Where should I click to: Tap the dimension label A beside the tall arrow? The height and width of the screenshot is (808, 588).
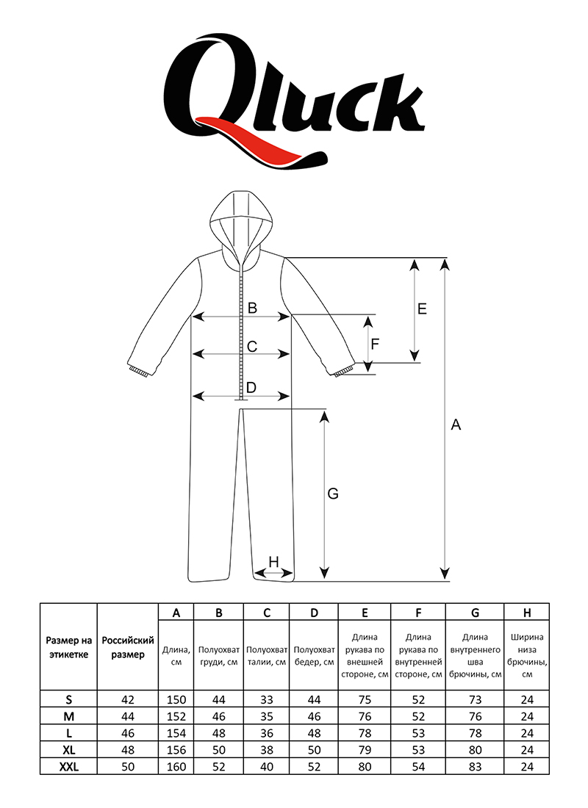(x=456, y=425)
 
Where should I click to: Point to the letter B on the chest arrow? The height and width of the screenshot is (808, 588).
(x=251, y=309)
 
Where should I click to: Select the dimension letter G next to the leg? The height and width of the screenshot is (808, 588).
(x=332, y=494)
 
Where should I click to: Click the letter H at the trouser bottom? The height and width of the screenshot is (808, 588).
(x=273, y=562)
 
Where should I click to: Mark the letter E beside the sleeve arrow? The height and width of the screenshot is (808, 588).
(x=422, y=309)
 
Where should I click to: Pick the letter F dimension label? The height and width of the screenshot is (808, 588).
(x=375, y=344)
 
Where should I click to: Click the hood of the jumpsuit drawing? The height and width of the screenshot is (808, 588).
(x=236, y=220)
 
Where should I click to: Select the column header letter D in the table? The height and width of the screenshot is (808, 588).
(x=314, y=613)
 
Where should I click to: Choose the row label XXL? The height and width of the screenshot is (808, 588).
(x=68, y=766)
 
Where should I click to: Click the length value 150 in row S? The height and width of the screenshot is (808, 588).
(x=176, y=700)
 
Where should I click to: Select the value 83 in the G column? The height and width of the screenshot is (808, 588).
(x=475, y=766)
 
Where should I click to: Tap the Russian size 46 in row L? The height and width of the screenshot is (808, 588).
(x=127, y=733)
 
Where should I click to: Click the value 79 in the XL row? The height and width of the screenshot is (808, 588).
(x=365, y=750)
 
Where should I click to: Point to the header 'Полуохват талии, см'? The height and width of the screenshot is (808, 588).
(x=266, y=655)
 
